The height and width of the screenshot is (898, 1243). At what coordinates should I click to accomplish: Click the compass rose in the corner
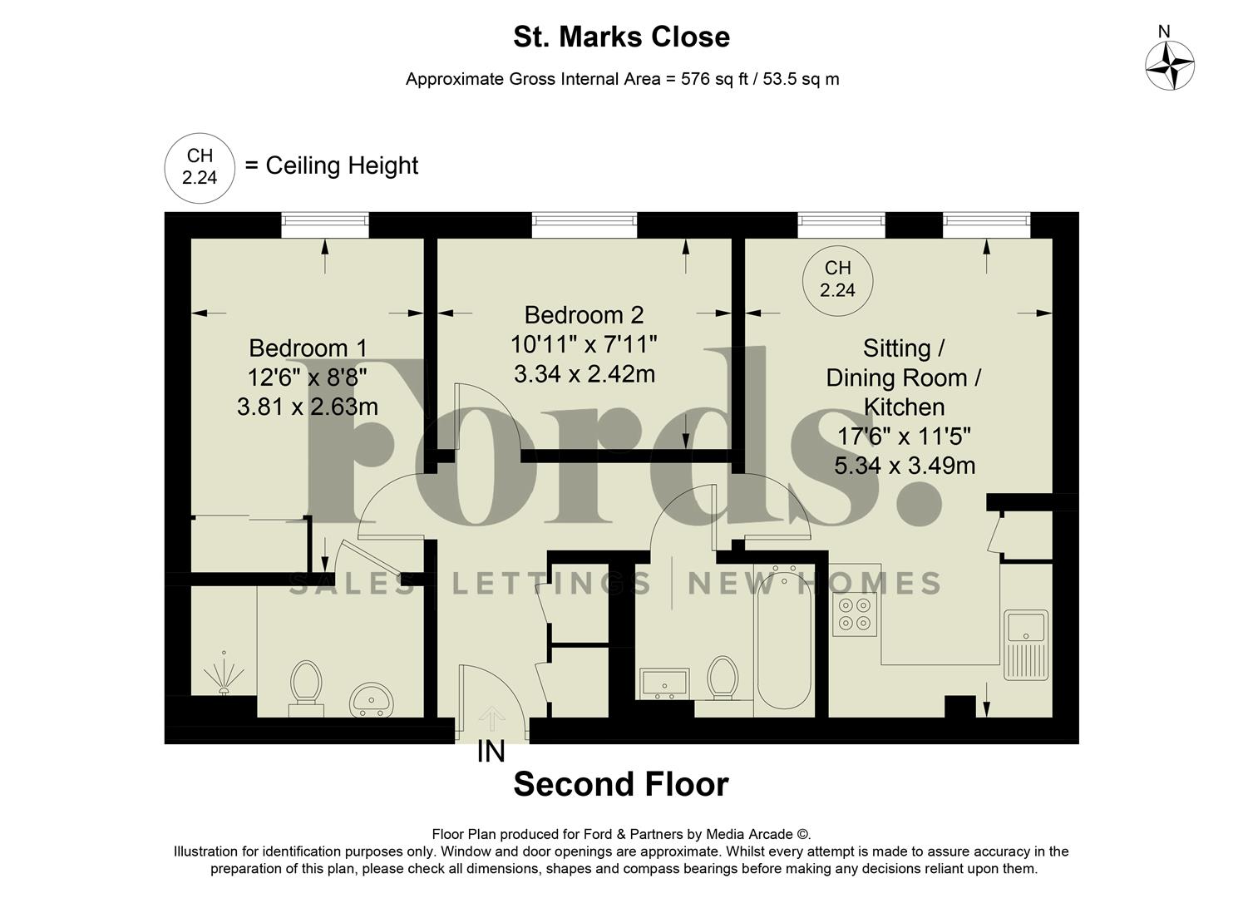click(x=1170, y=65)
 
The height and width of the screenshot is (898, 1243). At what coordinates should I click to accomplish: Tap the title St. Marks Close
click(x=621, y=37)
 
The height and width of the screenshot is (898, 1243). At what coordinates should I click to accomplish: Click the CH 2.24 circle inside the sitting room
click(x=837, y=279)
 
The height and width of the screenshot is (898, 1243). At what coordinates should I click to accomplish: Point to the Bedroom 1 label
click(x=308, y=348)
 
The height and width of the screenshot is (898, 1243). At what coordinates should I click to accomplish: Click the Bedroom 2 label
click(x=584, y=315)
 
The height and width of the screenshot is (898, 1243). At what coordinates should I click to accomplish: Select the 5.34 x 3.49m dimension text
click(x=905, y=466)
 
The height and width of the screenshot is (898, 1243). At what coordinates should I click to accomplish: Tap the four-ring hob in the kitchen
click(x=855, y=614)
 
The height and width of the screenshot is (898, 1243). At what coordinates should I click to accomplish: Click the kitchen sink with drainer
click(x=1027, y=644)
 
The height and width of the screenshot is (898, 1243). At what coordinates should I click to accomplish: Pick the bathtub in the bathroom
click(x=784, y=639)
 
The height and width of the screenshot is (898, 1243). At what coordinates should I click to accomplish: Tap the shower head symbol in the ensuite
click(x=223, y=672)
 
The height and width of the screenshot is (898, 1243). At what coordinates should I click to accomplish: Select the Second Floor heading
click(x=621, y=784)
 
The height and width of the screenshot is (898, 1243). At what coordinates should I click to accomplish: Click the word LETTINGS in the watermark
click(x=551, y=583)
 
